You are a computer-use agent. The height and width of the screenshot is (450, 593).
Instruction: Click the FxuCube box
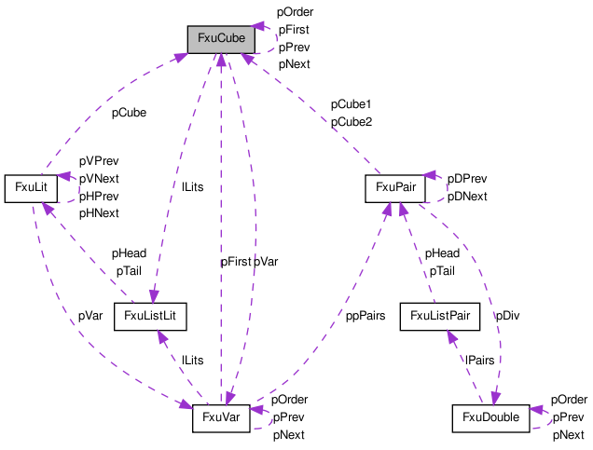[221, 40]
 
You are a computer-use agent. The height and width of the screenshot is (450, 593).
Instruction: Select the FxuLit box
[31, 188]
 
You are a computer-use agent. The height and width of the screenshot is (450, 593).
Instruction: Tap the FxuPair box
[395, 188]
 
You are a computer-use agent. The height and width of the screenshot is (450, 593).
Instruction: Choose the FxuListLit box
[150, 317]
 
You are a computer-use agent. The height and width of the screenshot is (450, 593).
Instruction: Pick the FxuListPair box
[440, 317]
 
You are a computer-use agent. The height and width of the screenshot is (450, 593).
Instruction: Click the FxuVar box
[221, 418]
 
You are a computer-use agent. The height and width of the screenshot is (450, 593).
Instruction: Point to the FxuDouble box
[490, 418]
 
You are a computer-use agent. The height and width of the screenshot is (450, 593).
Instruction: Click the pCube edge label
[129, 113]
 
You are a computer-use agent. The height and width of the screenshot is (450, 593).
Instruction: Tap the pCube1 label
[351, 104]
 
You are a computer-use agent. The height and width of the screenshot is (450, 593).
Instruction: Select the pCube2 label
[352, 122]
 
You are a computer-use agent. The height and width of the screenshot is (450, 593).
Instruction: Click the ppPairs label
[365, 316]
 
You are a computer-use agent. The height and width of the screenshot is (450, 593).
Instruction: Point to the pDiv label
[507, 316]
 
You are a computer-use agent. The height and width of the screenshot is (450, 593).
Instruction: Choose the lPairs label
[479, 360]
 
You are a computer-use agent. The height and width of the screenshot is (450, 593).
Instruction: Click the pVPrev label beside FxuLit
[99, 161]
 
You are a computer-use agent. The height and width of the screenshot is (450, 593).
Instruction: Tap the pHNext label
[99, 213]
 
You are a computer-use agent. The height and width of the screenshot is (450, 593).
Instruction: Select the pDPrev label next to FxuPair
[467, 179]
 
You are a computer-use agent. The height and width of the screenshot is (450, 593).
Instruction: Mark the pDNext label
[467, 197]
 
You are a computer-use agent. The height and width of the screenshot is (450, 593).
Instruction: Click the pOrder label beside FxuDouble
[569, 400]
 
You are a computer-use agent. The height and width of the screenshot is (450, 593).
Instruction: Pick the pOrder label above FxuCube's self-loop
[295, 12]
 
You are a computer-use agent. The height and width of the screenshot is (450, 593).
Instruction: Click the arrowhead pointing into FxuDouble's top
[495, 399]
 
